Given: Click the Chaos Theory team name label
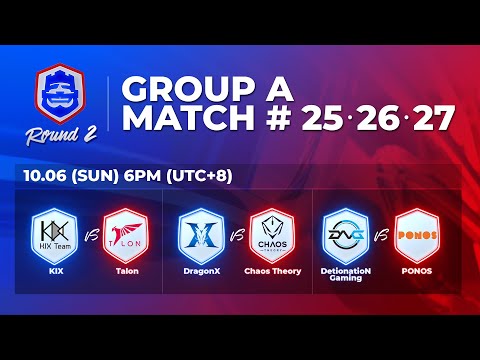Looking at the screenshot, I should point(273,271).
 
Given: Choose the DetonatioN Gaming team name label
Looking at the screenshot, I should point(343,274).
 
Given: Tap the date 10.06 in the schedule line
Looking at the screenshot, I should point(51,176).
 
